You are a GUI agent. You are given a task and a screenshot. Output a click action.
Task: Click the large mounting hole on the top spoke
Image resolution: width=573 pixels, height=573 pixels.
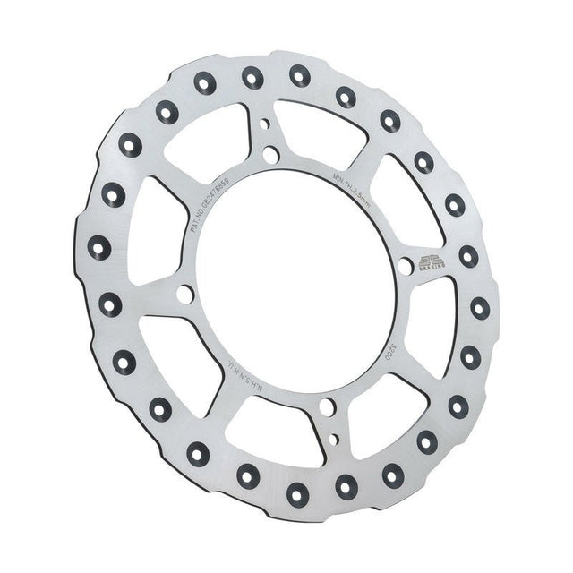tap(269, 155)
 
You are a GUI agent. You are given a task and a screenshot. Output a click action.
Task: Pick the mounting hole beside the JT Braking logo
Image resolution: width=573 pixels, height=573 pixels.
tap(405, 265)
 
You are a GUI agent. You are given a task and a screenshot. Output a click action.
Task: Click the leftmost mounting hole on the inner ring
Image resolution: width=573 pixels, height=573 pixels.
tap(184, 294)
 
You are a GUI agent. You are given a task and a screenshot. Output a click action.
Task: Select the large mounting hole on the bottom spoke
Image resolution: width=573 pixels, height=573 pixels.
tap(327, 407)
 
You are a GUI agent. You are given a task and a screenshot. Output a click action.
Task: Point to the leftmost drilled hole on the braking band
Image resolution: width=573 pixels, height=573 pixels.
tap(98, 247)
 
